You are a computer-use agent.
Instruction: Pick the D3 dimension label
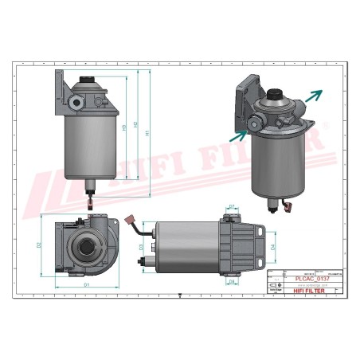(141, 248)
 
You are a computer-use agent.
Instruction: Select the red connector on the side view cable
(131, 217)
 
